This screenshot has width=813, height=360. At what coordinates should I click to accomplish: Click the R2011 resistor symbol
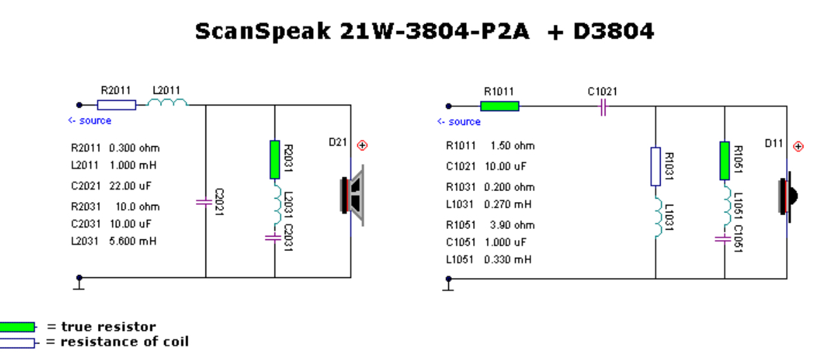point(117,105)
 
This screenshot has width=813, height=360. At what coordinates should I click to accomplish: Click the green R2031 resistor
point(274,159)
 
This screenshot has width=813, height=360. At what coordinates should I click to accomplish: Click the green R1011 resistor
point(499,106)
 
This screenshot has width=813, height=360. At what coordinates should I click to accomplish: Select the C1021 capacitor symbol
point(603,106)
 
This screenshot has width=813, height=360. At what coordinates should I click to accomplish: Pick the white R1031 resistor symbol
point(655,166)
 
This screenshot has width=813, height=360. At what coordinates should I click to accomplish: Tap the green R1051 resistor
point(724,161)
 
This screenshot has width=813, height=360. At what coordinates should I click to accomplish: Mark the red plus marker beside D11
point(799,146)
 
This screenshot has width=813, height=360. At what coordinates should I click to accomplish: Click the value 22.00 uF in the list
point(130,186)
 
